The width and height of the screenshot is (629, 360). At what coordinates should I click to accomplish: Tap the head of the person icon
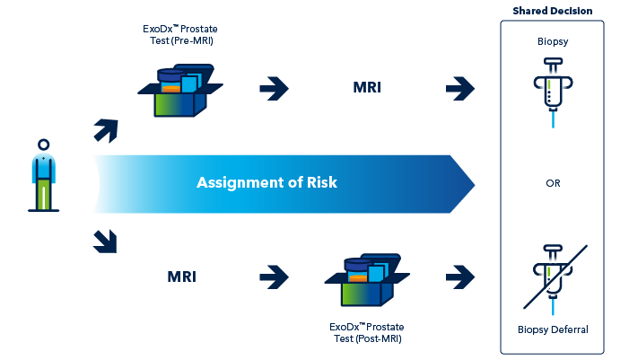tap(42, 144)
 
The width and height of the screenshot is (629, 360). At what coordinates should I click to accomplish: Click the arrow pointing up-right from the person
tap(106, 130)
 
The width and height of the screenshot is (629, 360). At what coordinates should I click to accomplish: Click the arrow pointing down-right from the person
tap(106, 240)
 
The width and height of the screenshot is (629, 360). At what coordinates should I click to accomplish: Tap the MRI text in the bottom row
tap(182, 276)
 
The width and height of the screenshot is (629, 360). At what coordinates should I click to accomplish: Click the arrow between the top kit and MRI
tap(274, 88)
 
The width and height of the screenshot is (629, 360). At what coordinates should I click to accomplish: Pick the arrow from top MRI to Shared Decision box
tap(459, 88)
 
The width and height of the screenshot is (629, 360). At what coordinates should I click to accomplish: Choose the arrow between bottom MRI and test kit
tap(274, 275)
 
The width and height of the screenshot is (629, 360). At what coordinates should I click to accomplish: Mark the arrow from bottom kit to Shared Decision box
tap(459, 275)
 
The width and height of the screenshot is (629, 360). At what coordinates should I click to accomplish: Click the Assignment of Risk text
tap(266, 183)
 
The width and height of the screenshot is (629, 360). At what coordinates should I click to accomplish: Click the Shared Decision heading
tap(552, 11)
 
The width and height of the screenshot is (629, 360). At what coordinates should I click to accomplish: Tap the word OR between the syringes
tap(552, 183)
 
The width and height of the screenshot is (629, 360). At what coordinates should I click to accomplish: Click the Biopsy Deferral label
tap(552, 329)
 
